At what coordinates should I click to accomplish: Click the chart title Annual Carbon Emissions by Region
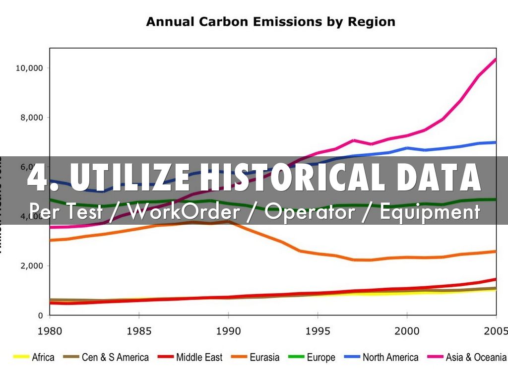point(270,22)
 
